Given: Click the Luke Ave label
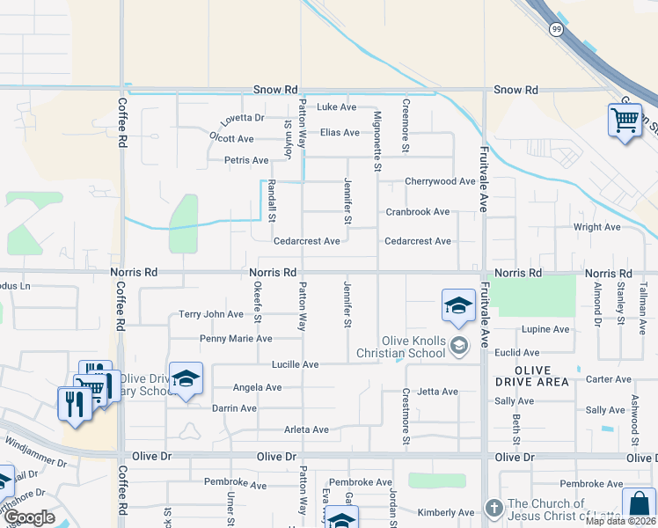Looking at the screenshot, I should pos(336,107).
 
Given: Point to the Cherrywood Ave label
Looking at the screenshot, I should pos(440,181).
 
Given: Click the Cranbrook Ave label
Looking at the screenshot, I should pos(417,212).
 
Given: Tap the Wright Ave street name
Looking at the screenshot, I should pos(596,227).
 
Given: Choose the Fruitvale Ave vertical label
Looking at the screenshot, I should pos(482,179).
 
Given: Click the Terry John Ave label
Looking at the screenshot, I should pos(210,314).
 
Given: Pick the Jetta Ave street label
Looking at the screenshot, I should pos(438,392).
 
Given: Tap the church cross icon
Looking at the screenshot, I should pos(493,509).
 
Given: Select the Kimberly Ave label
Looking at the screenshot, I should pos(445,513).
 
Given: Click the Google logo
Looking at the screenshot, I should pos(28,517).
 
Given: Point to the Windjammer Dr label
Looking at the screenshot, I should pos(35,462).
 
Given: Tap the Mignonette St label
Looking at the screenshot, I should pos(377,141).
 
